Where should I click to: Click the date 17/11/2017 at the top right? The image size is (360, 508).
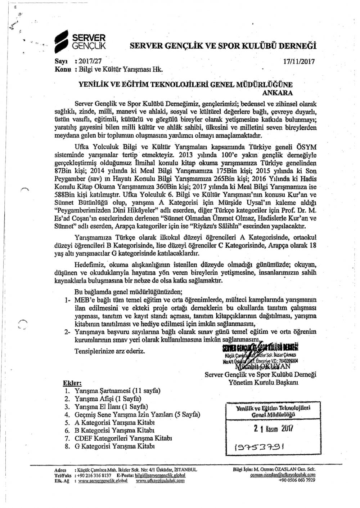[299, 61]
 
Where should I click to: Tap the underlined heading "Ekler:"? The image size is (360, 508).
[72, 383]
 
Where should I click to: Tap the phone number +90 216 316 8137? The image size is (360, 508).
[93, 475]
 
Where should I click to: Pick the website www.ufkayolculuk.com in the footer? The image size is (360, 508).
[161, 481]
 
